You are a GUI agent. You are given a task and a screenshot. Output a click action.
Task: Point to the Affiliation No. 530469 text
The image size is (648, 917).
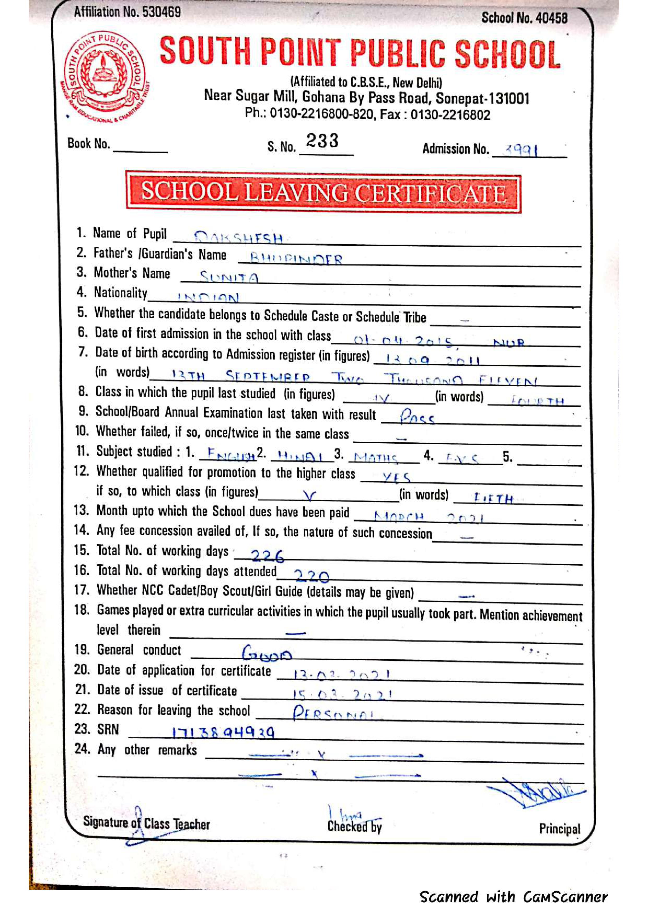[127, 12]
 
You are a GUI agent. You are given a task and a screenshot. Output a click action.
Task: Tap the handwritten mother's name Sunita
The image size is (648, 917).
[229, 276]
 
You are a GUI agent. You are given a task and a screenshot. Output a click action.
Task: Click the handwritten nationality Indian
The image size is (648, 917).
[209, 297]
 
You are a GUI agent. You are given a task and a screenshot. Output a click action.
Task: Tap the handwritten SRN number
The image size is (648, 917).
[223, 732]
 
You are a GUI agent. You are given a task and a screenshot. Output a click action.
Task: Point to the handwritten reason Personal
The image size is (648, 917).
[333, 713]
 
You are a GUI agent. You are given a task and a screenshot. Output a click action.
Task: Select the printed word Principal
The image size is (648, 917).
[559, 829]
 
